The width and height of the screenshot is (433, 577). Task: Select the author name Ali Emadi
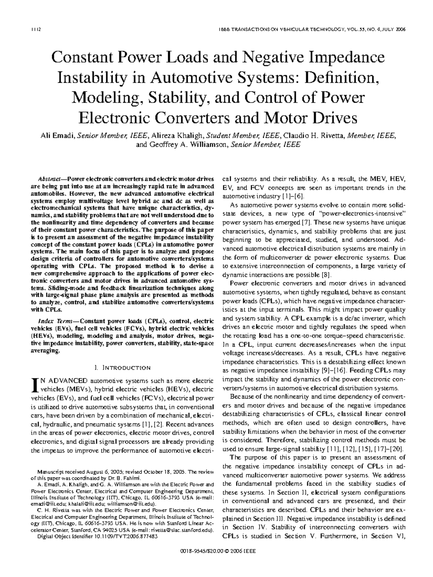tap(57, 136)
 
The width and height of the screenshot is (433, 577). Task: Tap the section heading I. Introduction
tap(122, 368)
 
